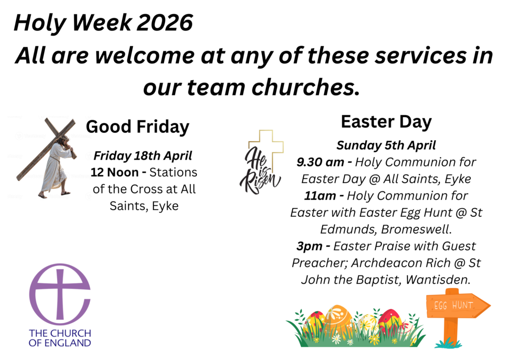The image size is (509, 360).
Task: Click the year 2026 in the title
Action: (165, 23)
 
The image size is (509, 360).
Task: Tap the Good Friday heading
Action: (137, 127)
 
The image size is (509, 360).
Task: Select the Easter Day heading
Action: (386, 122)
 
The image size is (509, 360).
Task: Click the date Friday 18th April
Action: (143, 156)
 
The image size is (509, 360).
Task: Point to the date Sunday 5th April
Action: (386, 145)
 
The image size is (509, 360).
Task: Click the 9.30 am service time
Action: (321, 162)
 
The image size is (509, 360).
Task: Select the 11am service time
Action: (320, 196)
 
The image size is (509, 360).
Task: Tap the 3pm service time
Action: (310, 247)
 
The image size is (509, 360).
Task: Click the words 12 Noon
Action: (115, 173)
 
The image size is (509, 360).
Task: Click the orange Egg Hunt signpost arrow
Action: (458, 305)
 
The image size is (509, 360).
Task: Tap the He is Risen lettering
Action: (260, 170)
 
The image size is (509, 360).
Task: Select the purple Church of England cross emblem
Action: (60, 294)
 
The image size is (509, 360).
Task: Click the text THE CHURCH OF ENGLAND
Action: (60, 338)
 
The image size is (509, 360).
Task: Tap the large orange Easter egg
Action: (338, 319)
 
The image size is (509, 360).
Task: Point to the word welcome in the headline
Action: (145, 55)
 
